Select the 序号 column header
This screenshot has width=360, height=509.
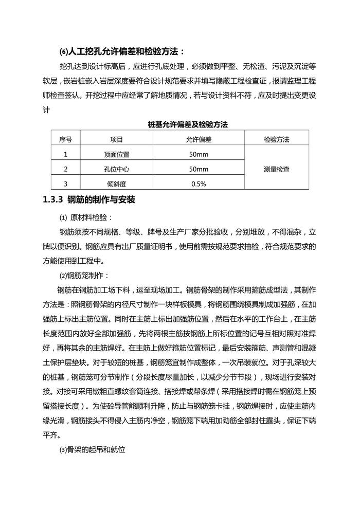(x=65, y=139)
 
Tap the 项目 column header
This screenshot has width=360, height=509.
(x=116, y=139)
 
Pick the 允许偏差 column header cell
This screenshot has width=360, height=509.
(x=199, y=139)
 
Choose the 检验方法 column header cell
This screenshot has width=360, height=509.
(x=276, y=139)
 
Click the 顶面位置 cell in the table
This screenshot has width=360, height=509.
(x=116, y=154)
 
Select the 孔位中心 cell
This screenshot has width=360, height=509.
(x=116, y=169)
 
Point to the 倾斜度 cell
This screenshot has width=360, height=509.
(x=116, y=184)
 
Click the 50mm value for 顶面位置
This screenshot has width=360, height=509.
(x=199, y=154)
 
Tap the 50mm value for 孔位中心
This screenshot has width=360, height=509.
(x=199, y=169)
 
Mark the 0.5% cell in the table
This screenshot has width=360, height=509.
(x=199, y=184)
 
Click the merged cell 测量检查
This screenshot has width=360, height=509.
(x=276, y=169)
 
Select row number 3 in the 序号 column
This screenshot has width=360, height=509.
(x=65, y=184)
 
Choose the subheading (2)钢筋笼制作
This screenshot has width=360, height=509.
(x=84, y=275)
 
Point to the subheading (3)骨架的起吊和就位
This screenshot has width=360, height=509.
(x=93, y=449)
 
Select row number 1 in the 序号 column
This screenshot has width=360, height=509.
(x=65, y=154)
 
